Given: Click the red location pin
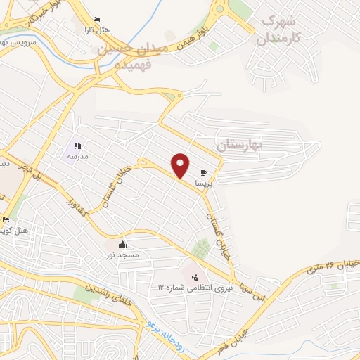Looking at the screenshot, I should tap(181, 166).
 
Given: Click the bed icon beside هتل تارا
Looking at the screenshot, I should tap(96, 19).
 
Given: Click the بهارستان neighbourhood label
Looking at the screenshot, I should tap(238, 145).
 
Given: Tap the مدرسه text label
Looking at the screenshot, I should tap(77, 156).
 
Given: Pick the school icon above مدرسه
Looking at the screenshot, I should tap(77, 145).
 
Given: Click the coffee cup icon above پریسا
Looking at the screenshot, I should tap(203, 172).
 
